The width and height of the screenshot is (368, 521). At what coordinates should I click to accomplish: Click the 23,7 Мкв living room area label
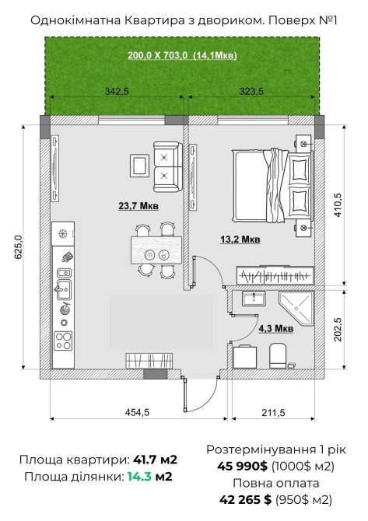pos(138,206)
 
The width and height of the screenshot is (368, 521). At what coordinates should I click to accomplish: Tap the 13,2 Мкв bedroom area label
pos(240,239)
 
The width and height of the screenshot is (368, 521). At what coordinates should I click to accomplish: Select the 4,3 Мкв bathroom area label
pos(276,328)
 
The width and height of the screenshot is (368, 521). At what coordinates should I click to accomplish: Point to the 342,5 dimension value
pos(117,91)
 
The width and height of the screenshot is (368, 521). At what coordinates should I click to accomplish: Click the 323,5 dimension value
pos(251,91)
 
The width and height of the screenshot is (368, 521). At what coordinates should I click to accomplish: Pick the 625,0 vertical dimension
pos(18,247)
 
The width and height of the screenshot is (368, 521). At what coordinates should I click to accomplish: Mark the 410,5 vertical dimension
pos(338,205)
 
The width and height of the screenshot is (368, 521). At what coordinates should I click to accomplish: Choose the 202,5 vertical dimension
pos(338,329)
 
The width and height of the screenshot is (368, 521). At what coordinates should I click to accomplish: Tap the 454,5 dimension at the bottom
pos(137,413)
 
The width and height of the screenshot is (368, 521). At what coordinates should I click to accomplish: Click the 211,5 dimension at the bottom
pos(273,413)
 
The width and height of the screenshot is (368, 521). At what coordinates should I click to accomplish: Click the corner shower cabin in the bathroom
pos(296,308)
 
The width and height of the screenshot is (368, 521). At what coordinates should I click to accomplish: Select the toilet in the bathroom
pos(278,355)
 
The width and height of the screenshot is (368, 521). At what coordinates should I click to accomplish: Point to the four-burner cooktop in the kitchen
pos(63,341)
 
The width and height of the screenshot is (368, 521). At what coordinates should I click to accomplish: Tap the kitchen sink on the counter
pos(64,288)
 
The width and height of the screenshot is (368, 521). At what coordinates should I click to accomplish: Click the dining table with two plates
pos(156,250)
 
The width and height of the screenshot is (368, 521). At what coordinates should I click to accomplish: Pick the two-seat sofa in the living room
pos(168,166)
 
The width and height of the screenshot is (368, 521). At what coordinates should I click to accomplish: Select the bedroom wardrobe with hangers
pos(275,275)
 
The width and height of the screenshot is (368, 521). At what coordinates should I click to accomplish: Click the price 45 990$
pos(242,466)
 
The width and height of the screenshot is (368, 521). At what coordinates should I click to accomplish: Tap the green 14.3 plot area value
pos(139,477)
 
